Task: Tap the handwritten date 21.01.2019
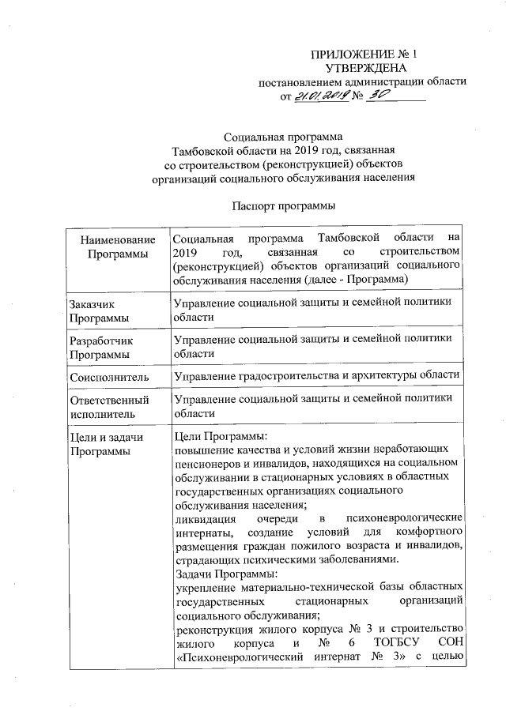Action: point(320,96)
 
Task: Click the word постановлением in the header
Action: point(304,82)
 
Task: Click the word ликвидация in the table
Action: point(205,518)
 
